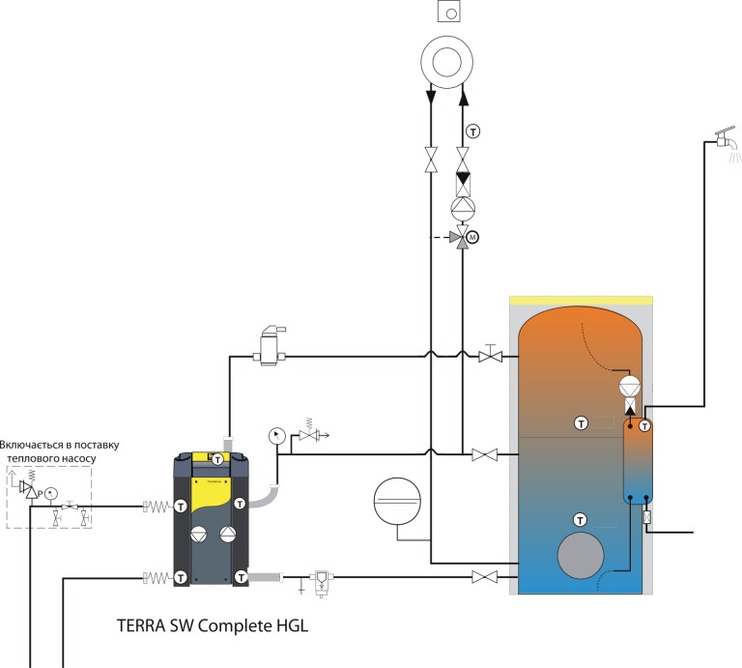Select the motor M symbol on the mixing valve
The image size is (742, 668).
tap(473, 236)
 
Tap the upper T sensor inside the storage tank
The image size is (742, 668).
tap(581, 422)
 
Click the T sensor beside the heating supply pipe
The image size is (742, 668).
tap(473, 131)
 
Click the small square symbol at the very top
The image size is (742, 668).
tap(447, 13)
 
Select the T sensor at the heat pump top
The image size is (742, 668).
tap(218, 458)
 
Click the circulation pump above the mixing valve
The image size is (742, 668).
tap(463, 206)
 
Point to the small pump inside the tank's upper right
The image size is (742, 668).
tap(629, 386)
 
